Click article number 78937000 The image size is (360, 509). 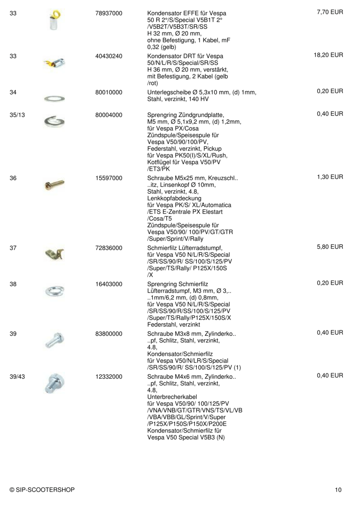click(109, 14)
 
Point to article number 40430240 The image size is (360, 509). click(109, 56)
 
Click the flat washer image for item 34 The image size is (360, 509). click(54, 98)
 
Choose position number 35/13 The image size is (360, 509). click(16, 115)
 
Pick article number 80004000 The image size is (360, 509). click(109, 115)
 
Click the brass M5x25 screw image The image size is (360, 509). click(54, 184)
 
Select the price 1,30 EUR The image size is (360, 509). click(330, 177)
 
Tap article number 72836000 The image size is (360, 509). click(109, 247)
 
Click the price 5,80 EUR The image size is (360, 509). click(330, 247)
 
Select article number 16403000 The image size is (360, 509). click(109, 283)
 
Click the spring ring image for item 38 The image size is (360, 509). click(54, 291)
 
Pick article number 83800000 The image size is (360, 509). click(109, 333)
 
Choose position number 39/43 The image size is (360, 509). click(16, 376)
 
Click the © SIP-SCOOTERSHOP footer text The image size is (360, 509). click(42, 490)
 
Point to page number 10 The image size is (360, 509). click(338, 490)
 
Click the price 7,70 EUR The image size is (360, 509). click(330, 13)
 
